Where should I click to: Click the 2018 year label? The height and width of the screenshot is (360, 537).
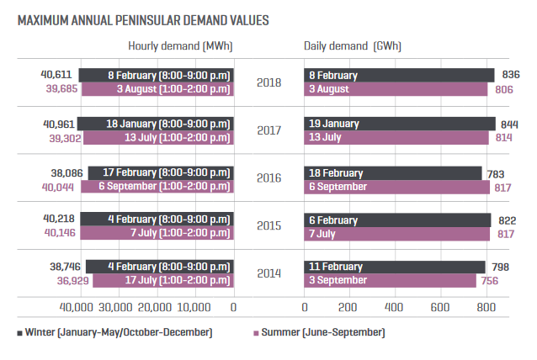pyautogui.click(x=268, y=82)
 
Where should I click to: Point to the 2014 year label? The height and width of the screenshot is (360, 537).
pyautogui.click(x=268, y=274)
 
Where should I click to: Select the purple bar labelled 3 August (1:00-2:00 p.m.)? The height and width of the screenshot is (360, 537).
pyautogui.click(x=156, y=89)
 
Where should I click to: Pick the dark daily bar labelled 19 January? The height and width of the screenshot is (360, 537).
pyautogui.click(x=399, y=124)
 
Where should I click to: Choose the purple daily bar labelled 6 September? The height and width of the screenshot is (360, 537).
pyautogui.click(x=396, y=186)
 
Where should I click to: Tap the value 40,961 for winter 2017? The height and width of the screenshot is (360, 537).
pyautogui.click(x=60, y=123)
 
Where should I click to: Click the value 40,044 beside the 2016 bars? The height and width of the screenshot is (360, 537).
pyautogui.click(x=57, y=187)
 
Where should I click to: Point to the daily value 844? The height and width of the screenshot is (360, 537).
pyautogui.click(x=510, y=124)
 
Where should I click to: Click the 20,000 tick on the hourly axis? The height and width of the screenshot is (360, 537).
pyautogui.click(x=155, y=307)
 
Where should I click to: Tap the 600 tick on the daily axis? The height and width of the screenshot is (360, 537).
pyautogui.click(x=440, y=307)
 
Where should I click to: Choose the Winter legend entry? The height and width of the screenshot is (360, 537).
pyautogui.click(x=114, y=333)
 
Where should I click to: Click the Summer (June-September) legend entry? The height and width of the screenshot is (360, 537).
pyautogui.click(x=319, y=333)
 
